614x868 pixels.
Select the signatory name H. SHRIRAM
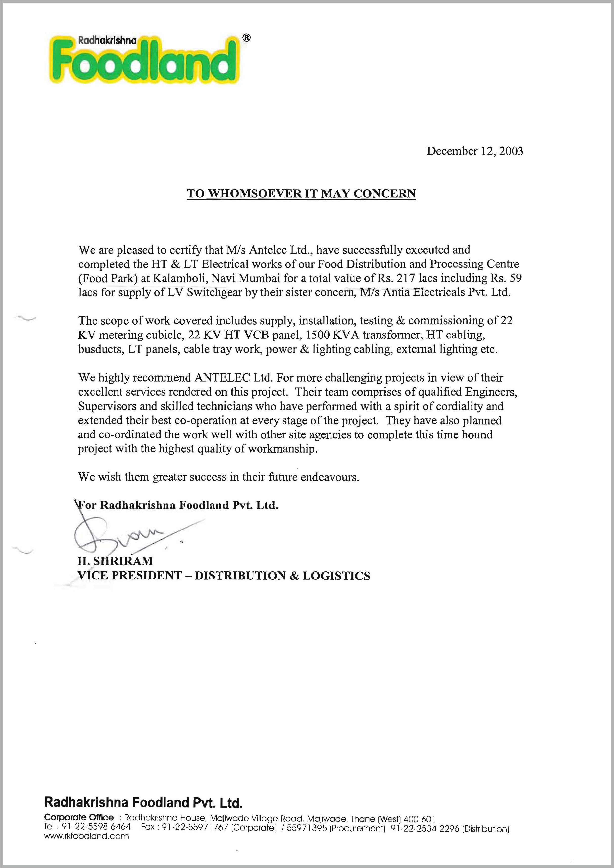[x=115, y=561]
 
